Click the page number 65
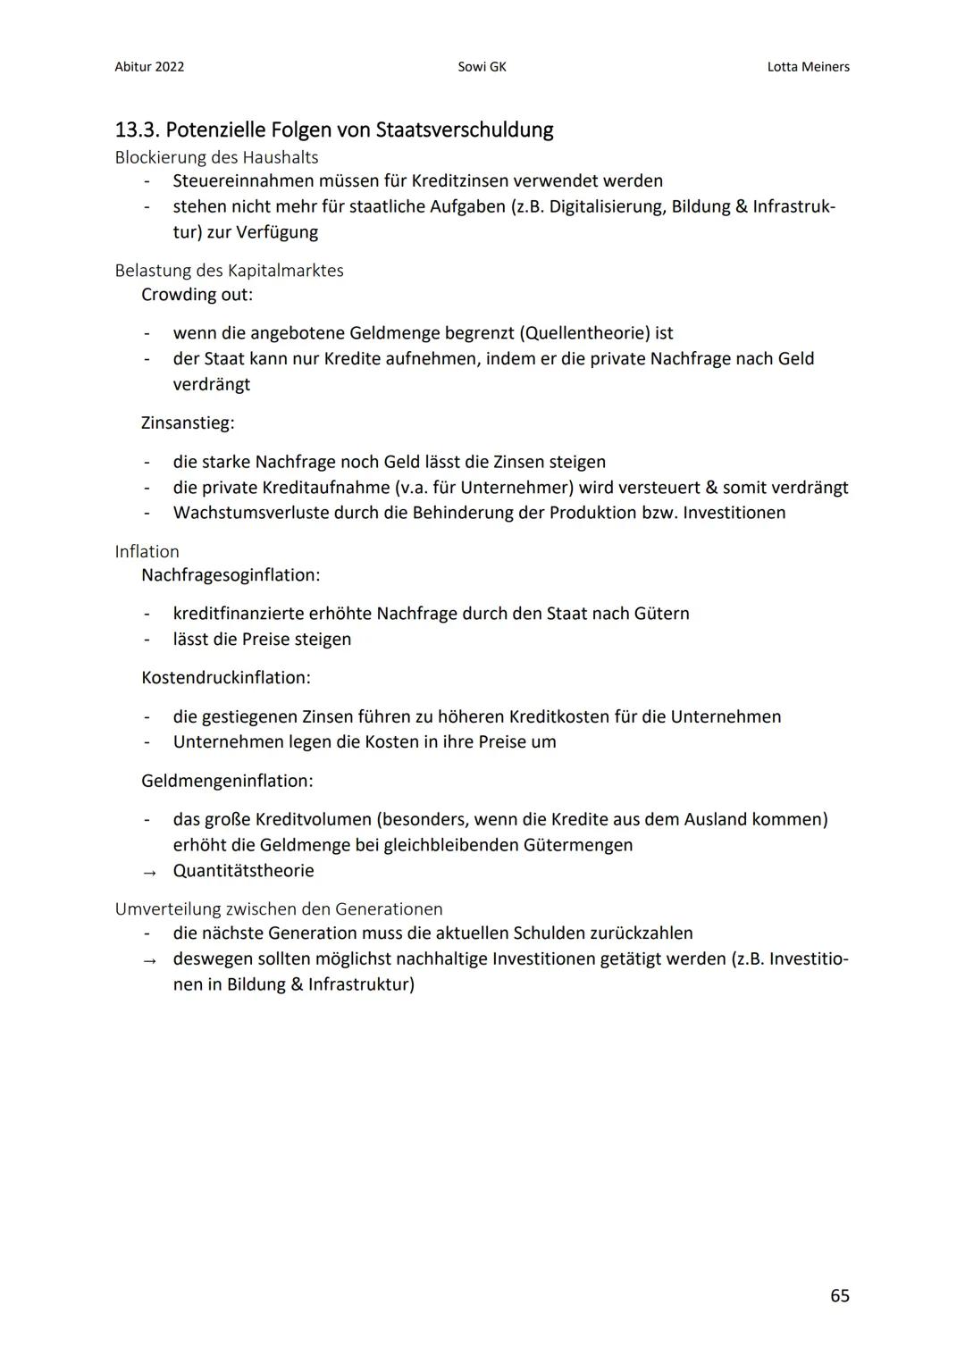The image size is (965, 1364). pos(839,1295)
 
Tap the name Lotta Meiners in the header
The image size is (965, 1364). pos(808,67)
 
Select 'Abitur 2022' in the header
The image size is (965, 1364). pos(149,67)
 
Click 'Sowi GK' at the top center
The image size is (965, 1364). pos(482,67)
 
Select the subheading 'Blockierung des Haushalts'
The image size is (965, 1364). pos(216,157)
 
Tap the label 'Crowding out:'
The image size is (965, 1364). pos(197,294)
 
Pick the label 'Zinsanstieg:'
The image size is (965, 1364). pos(188,423)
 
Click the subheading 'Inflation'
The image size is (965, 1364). pos(147,551)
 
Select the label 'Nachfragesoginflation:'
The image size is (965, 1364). pos(231,574)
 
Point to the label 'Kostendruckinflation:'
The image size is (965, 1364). pos(226,677)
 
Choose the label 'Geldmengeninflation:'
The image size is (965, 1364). pos(227,781)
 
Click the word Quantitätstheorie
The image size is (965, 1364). pos(243,870)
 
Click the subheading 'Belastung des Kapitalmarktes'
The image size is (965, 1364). pos(229,270)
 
